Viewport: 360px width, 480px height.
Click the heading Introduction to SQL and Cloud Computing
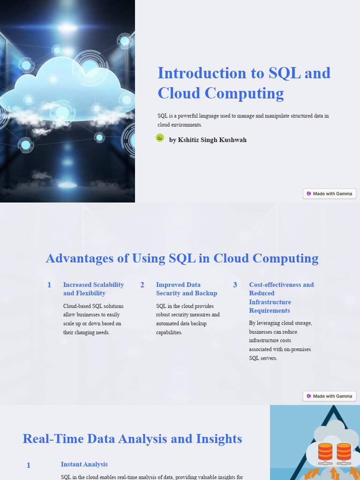point(244,83)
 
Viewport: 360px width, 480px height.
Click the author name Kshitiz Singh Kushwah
point(208,140)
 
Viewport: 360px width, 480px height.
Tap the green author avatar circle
point(160,138)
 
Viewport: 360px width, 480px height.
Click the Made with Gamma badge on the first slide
point(330,194)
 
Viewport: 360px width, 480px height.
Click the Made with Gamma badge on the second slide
point(330,396)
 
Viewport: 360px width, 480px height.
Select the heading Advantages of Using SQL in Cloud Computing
point(182,258)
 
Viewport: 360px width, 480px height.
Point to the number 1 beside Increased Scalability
point(49,285)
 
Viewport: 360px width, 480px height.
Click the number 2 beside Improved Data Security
point(142,285)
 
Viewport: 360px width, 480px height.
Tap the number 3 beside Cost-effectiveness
point(235,285)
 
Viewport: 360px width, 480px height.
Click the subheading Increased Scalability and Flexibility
point(93,289)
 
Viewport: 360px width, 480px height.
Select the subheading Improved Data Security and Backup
point(186,289)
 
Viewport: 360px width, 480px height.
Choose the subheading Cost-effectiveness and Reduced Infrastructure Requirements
point(281,297)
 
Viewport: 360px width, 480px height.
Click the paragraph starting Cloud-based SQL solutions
point(93,319)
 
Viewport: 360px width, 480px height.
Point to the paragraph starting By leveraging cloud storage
point(280,340)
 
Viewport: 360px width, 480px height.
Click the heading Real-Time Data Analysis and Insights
point(132,439)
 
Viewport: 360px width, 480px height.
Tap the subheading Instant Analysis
point(84,464)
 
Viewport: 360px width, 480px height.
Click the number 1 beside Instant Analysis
point(29,465)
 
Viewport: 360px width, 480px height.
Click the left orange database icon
point(325,452)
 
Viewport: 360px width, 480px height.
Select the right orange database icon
point(344,452)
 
